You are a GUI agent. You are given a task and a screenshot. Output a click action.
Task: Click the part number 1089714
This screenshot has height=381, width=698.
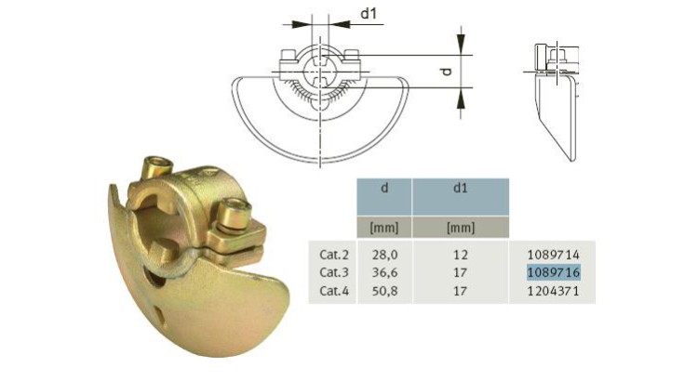coord(553,253)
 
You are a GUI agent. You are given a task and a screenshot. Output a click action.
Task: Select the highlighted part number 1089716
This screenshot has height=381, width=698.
coord(553,271)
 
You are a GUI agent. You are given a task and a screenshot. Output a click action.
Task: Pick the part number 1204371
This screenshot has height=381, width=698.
coord(553,290)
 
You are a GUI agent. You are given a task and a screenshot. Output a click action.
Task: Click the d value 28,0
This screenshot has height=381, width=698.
coord(384,253)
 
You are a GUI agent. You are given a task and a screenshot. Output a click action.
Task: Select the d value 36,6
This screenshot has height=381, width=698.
coord(384,271)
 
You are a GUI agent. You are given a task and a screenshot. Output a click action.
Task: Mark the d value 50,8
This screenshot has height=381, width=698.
coord(384,290)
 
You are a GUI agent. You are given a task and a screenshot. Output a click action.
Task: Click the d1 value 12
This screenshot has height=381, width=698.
coord(460,253)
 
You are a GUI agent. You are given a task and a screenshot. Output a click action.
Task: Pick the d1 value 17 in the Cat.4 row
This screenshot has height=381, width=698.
coord(460,290)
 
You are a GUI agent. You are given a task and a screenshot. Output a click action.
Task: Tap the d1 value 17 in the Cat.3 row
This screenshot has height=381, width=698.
coord(460,271)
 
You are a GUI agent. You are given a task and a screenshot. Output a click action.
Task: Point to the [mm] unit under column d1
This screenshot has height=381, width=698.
coord(460,226)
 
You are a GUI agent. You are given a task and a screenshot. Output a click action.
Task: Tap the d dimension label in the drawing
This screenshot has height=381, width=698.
coord(445,71)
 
